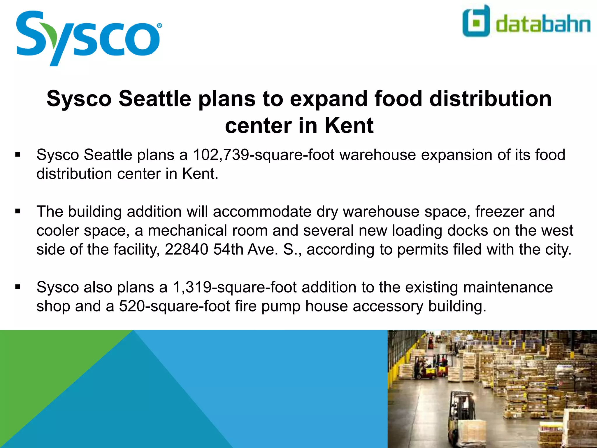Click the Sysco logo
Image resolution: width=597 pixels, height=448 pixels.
(87, 38)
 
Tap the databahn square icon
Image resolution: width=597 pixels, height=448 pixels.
(476, 21)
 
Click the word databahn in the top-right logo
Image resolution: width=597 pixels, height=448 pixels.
(543, 24)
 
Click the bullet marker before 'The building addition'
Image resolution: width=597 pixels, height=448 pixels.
(18, 211)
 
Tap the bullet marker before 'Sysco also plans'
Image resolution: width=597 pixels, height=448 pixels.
(18, 287)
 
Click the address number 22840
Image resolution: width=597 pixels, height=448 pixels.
(187, 249)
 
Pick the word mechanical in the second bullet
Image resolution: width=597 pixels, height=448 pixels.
(208, 230)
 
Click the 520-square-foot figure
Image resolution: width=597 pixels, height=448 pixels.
(174, 306)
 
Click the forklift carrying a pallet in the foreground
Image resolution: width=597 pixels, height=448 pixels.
(463, 420)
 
